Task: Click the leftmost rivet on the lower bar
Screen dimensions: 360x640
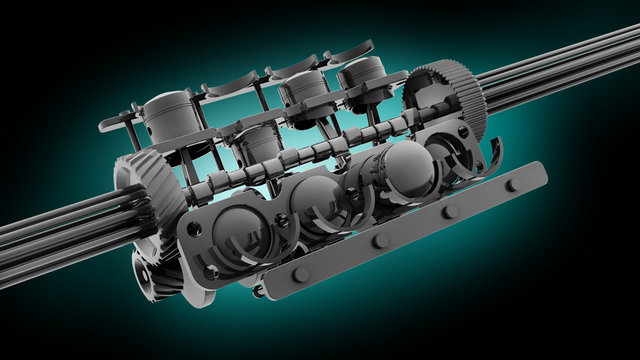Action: point(301,274)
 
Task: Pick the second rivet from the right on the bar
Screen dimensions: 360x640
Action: point(449,211)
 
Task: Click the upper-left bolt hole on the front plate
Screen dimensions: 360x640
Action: point(195,229)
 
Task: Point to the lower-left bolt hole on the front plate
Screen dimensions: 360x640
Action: point(211,270)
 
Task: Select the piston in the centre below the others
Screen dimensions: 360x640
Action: point(254,145)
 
